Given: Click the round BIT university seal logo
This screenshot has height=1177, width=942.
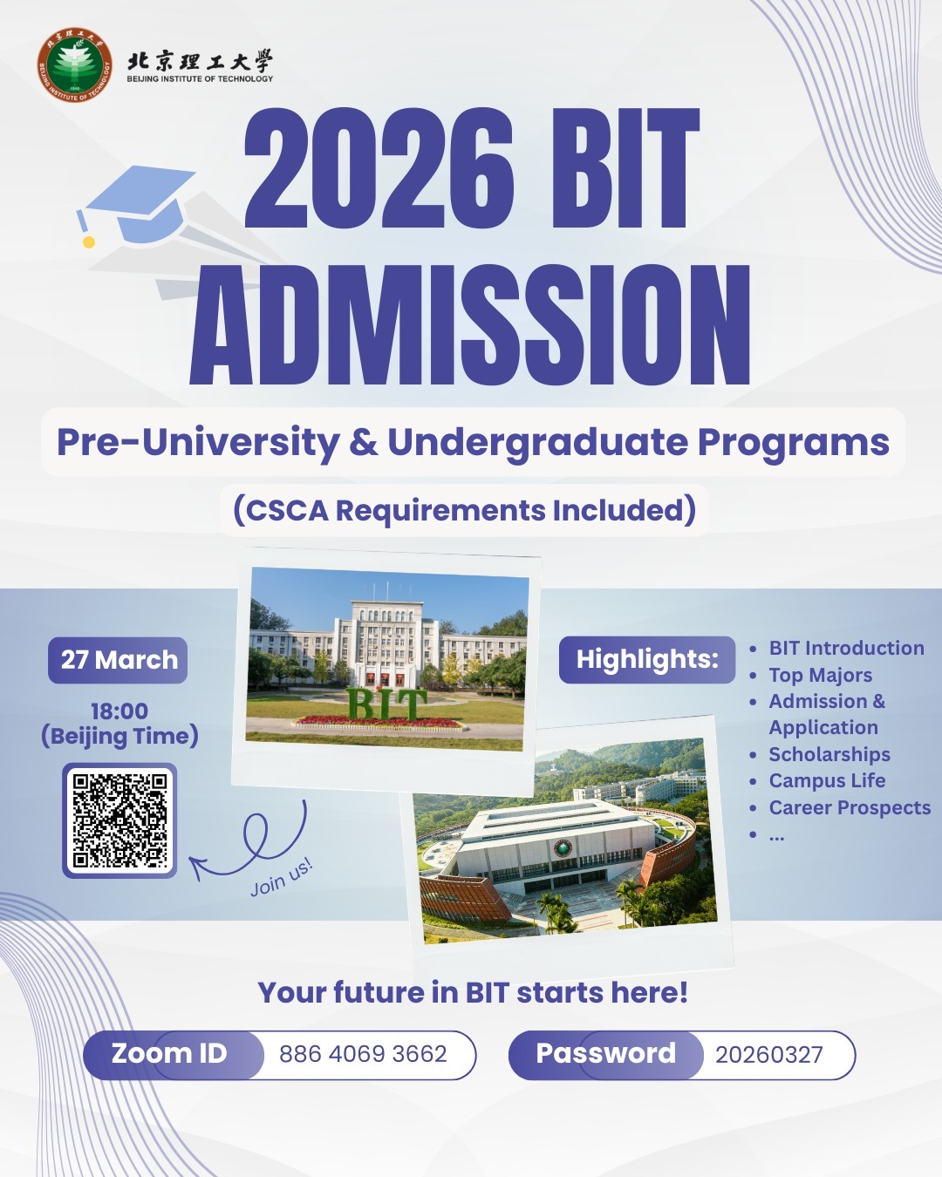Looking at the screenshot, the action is click(x=75, y=65).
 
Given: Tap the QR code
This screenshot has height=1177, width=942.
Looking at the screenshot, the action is click(x=119, y=820).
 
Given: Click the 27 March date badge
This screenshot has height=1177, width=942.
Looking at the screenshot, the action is click(x=118, y=660).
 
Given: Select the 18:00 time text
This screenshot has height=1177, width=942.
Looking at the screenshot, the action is click(x=119, y=711).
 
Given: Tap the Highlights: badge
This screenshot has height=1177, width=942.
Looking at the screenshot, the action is click(x=647, y=660).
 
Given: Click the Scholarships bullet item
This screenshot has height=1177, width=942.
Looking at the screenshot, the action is click(x=829, y=754).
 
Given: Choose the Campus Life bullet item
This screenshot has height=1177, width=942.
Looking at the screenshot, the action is click(x=827, y=780).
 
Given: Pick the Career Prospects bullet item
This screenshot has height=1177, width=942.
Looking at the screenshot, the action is click(x=850, y=807).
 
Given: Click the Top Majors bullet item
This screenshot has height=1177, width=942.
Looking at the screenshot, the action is click(x=821, y=675).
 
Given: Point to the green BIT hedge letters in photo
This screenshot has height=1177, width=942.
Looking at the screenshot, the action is click(x=386, y=704).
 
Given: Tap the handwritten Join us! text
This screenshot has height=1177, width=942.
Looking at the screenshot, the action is click(x=282, y=877).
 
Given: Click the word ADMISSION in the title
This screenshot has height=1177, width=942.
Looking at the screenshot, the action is click(x=469, y=325).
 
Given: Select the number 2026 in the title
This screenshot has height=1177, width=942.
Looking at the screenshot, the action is click(x=379, y=167).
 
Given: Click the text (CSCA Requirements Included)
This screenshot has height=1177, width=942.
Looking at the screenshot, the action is click(x=465, y=510).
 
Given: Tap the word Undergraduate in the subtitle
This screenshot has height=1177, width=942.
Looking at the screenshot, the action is click(x=537, y=442).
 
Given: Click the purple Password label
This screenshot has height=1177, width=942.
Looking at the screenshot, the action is click(x=605, y=1053).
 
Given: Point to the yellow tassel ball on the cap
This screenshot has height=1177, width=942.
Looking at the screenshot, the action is click(x=89, y=242).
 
